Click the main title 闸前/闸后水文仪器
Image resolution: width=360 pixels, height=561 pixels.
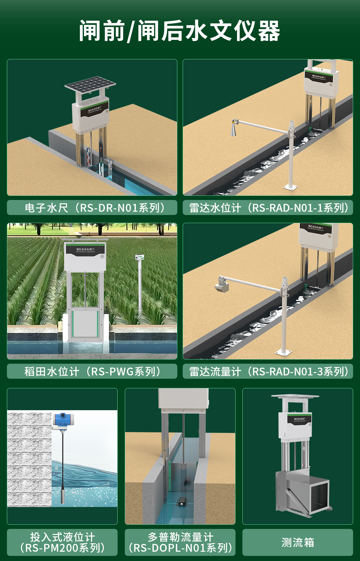point(179,31)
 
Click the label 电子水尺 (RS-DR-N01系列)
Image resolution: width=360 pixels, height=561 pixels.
point(92,207)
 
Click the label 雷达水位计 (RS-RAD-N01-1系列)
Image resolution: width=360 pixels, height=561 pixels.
point(268,207)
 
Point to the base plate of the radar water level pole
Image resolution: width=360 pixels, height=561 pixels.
point(290,187)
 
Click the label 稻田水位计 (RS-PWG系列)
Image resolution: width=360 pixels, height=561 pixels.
point(92,371)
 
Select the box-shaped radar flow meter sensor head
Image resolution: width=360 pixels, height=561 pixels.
point(222,286)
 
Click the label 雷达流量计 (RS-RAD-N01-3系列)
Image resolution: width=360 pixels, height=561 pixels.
point(268,371)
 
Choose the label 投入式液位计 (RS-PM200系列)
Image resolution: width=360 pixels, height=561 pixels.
point(62,542)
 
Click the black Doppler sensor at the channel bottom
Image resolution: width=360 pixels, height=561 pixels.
point(181,502)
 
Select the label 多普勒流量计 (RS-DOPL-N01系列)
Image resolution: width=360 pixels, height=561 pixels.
point(180,542)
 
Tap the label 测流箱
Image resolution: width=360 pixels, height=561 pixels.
point(298,542)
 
